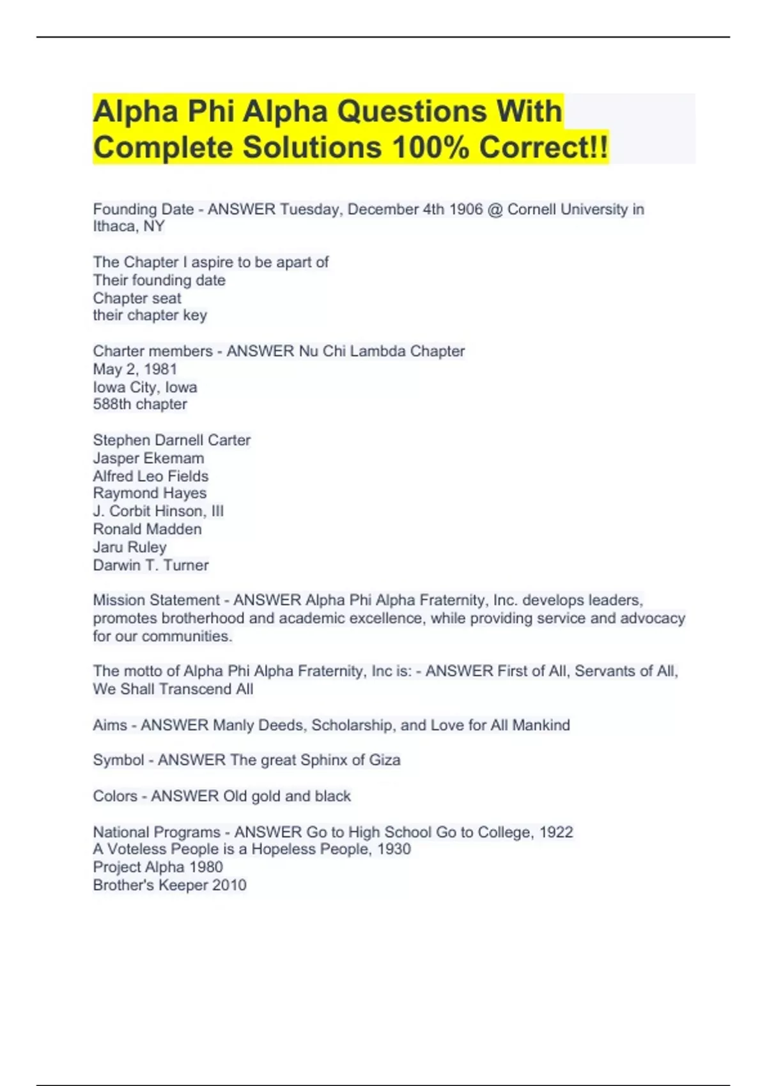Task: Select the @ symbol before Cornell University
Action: [495, 210]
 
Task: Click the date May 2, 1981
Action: [135, 369]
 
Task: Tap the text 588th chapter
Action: [140, 404]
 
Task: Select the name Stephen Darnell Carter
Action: [171, 440]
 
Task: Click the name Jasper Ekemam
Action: [148, 458]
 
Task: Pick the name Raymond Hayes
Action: [150, 493]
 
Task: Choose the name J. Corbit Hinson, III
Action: [158, 511]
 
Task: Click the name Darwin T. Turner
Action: [151, 565]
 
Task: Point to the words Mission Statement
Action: [156, 600]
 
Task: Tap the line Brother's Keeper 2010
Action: [169, 885]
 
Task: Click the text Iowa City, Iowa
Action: [145, 387]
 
